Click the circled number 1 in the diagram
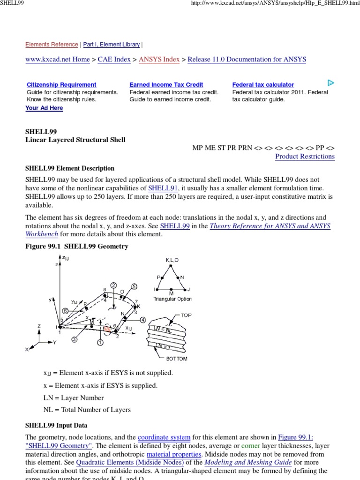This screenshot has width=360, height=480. [x=100, y=343]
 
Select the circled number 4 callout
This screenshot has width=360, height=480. [x=142, y=320]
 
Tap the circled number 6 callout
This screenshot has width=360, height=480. [x=66, y=310]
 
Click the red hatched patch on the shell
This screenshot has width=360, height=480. [x=107, y=330]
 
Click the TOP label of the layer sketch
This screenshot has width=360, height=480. [x=186, y=315]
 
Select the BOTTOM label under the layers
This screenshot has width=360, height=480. [x=176, y=359]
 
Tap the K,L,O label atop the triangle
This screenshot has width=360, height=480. [x=172, y=260]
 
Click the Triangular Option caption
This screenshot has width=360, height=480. [x=172, y=299]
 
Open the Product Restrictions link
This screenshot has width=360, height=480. [x=305, y=157]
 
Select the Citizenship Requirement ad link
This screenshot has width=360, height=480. [x=61, y=85]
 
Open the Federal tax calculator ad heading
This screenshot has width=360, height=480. [x=263, y=85]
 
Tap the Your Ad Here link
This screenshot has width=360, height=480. [x=44, y=108]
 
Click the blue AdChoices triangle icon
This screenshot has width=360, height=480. [x=330, y=83]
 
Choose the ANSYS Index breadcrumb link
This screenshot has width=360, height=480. [x=159, y=60]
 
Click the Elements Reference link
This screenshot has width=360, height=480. [x=52, y=45]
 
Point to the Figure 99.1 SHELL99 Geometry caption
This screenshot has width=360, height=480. [x=76, y=246]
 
